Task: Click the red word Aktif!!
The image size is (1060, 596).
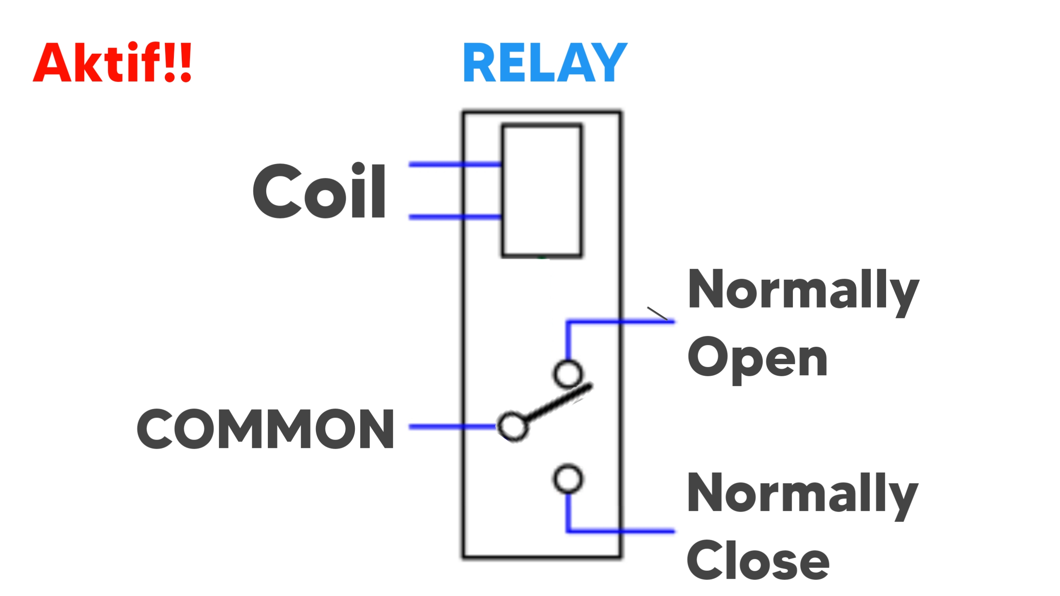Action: (112, 63)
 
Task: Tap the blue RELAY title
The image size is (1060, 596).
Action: (545, 63)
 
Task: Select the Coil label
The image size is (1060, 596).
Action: (319, 191)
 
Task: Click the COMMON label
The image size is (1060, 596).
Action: (265, 429)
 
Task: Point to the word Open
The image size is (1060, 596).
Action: (757, 358)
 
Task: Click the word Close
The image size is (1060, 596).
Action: (758, 560)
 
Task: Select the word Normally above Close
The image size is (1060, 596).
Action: (802, 493)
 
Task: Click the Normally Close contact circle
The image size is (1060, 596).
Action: (568, 479)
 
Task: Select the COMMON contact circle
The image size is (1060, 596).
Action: (513, 426)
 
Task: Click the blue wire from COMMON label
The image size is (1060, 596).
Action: (451, 427)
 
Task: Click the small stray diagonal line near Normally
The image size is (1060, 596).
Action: (658, 313)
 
